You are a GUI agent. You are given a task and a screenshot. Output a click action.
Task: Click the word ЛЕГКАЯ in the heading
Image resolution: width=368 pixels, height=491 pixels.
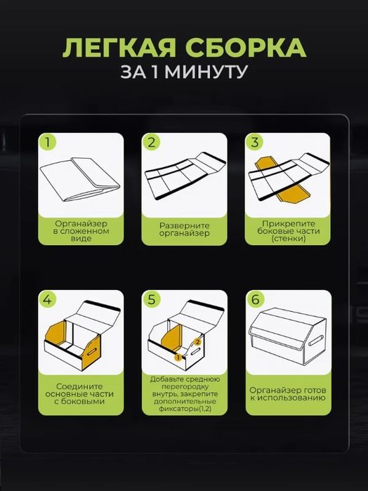point(119,48)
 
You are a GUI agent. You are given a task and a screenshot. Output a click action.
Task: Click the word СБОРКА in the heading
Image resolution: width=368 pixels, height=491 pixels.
point(246,48)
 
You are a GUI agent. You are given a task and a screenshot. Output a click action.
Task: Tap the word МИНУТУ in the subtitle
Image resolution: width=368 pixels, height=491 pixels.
point(206,72)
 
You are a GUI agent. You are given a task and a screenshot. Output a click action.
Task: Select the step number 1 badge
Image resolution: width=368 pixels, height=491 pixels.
point(48,142)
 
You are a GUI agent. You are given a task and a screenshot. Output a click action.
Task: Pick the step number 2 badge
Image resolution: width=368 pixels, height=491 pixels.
point(151,142)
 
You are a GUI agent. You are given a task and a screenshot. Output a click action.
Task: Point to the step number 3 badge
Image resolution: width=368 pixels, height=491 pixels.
point(255,142)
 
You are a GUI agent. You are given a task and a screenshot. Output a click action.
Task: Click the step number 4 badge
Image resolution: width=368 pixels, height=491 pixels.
point(47,299)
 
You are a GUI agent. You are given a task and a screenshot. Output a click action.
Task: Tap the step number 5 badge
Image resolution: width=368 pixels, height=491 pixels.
point(151,299)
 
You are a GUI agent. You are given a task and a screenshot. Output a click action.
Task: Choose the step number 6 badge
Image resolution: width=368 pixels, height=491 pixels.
point(255,299)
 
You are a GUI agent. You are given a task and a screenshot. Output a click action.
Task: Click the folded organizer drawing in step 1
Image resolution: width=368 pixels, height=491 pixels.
point(80,180)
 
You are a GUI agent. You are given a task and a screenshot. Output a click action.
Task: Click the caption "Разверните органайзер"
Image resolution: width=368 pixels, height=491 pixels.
point(184,230)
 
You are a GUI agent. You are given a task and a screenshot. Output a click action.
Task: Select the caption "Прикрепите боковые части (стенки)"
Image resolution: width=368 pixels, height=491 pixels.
point(288,231)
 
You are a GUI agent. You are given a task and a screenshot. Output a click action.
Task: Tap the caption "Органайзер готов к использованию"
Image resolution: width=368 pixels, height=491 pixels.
point(288,394)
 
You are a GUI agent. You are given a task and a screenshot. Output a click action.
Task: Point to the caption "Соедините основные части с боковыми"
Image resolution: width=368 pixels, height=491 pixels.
point(79,394)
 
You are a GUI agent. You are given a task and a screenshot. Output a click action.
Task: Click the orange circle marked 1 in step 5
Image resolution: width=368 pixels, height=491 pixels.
point(178,357)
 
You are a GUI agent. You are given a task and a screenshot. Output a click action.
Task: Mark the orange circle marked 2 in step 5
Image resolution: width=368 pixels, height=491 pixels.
point(197,342)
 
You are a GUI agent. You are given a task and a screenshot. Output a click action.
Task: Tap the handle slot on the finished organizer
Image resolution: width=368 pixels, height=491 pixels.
point(316,340)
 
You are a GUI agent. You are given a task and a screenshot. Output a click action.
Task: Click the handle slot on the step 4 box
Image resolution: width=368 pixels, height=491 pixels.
point(92,352)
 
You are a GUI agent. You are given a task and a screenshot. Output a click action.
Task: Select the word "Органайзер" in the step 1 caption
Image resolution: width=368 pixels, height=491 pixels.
point(81,223)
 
